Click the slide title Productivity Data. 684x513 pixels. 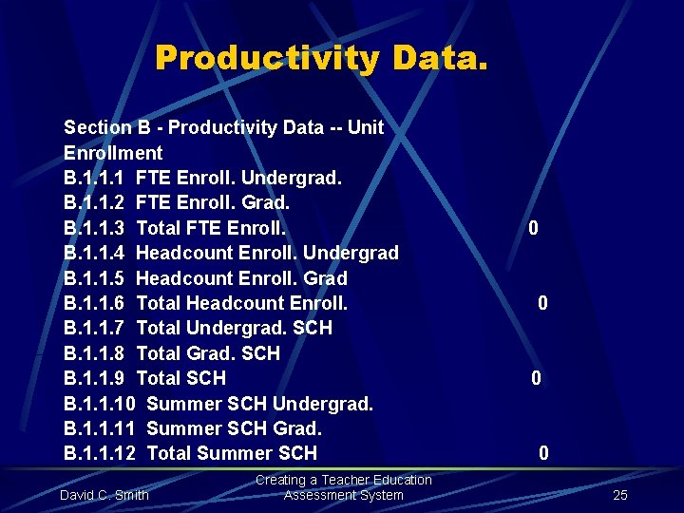(x=322, y=58)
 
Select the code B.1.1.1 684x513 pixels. (x=95, y=178)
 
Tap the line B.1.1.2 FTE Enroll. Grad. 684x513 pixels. (x=177, y=202)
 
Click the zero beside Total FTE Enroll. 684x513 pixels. (x=534, y=228)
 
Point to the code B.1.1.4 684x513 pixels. (x=95, y=253)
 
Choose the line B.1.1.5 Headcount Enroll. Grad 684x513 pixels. (x=205, y=278)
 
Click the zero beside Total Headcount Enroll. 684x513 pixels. (x=542, y=303)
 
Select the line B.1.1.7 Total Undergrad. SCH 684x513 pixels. (x=198, y=328)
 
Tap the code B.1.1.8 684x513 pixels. (x=95, y=353)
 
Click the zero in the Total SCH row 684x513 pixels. (x=537, y=378)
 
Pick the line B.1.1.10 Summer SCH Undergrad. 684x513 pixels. (x=218, y=404)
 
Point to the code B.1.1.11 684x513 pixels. (x=100, y=428)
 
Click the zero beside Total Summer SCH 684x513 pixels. (x=543, y=454)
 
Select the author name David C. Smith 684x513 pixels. (x=104, y=495)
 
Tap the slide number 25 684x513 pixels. (x=620, y=495)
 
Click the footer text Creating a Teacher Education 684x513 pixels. (x=343, y=481)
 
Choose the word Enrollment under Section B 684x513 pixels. (x=113, y=153)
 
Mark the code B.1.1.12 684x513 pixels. (x=100, y=454)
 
